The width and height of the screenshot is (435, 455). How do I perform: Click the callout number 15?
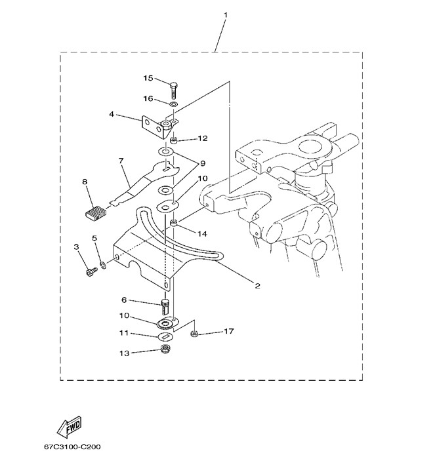click(x=148, y=78)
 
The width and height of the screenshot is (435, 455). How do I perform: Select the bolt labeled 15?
click(x=173, y=90)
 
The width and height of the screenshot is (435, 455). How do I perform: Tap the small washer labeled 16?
click(x=174, y=104)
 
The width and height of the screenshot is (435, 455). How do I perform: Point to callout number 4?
click(x=112, y=114)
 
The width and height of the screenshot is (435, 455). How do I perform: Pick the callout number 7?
click(x=121, y=161)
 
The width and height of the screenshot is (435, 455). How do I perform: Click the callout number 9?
click(x=202, y=163)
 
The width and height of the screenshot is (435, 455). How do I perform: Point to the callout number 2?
click(x=257, y=286)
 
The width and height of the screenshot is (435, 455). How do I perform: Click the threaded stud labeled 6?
click(x=165, y=307)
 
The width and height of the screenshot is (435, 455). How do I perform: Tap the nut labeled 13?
click(x=165, y=349)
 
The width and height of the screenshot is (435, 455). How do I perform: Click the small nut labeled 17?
click(x=194, y=334)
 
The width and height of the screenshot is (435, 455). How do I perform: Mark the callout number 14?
click(x=202, y=233)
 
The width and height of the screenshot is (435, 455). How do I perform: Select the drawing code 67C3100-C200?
click(x=73, y=446)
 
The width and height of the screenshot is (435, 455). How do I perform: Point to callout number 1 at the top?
click(x=225, y=14)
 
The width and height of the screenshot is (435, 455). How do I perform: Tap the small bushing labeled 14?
click(x=173, y=223)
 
